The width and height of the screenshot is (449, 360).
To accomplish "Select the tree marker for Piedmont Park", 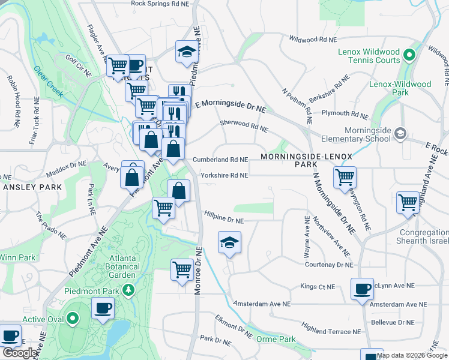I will [127, 291].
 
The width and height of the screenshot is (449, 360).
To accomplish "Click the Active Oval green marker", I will [73, 319].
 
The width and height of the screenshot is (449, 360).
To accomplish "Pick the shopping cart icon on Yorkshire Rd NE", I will [345, 177].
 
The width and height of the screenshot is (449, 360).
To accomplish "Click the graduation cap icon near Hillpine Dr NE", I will [229, 243].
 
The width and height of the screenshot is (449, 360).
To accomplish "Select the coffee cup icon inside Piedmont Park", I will [103, 309].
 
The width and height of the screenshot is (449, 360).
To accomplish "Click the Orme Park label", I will [279, 339].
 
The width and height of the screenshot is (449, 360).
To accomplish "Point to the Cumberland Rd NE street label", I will [220, 160].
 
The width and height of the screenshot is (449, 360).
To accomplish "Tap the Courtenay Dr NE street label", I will [328, 265].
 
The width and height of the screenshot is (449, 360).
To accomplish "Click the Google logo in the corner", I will [20, 353].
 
